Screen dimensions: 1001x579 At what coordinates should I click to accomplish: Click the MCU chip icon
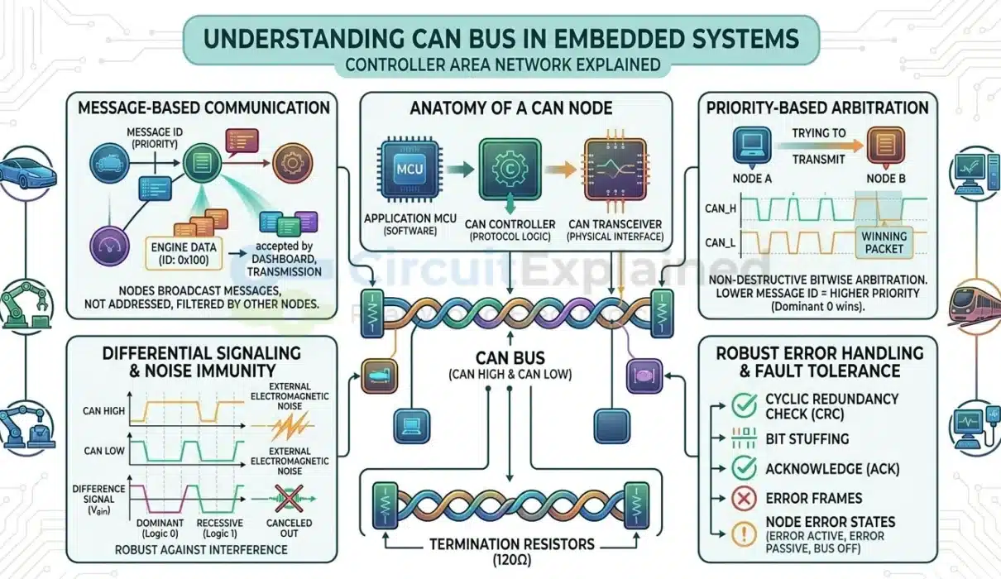[409, 169]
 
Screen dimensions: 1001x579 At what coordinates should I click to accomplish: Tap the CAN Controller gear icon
[510, 169]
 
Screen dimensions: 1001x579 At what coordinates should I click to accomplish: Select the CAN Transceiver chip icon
[615, 169]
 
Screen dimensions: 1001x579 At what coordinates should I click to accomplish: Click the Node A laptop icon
[752, 146]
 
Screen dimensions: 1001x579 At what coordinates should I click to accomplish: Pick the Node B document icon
[886, 146]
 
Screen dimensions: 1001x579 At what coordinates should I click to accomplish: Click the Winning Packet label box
[884, 242]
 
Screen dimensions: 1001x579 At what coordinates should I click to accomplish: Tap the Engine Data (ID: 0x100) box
[184, 254]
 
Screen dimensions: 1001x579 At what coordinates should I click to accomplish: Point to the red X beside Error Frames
[744, 498]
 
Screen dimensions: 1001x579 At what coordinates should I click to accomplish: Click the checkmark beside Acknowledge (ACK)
[744, 468]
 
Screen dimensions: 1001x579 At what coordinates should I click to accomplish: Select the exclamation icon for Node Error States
[744, 534]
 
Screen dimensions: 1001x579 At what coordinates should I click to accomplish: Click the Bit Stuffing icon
[744, 438]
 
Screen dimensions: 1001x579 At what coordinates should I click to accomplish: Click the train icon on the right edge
[975, 304]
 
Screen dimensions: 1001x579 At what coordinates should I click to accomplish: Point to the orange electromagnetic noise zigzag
[290, 426]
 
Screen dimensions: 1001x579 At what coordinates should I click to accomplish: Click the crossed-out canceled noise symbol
[289, 499]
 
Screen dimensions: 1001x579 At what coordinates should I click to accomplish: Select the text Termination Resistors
[512, 544]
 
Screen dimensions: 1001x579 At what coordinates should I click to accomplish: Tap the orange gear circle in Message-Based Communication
[293, 163]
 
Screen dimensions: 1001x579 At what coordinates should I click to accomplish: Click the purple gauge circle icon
[109, 246]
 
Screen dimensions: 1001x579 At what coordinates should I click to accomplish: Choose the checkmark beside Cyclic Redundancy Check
[744, 405]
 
